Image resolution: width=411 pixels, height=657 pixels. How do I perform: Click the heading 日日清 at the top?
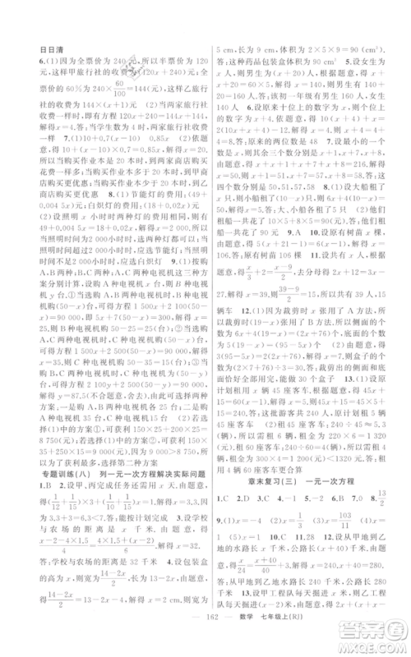pos(53,49)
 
